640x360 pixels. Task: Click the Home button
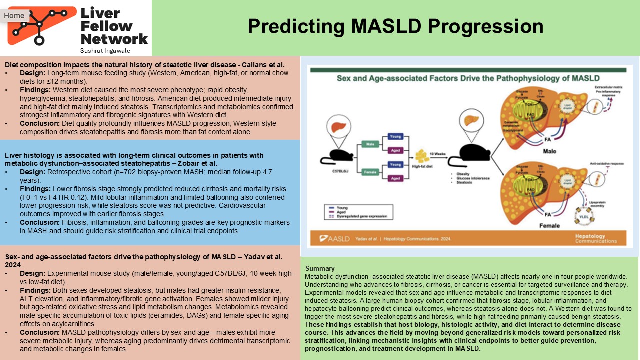click(14, 15)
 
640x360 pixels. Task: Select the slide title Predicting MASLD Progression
click(395, 26)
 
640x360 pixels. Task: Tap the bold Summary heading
click(320, 268)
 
